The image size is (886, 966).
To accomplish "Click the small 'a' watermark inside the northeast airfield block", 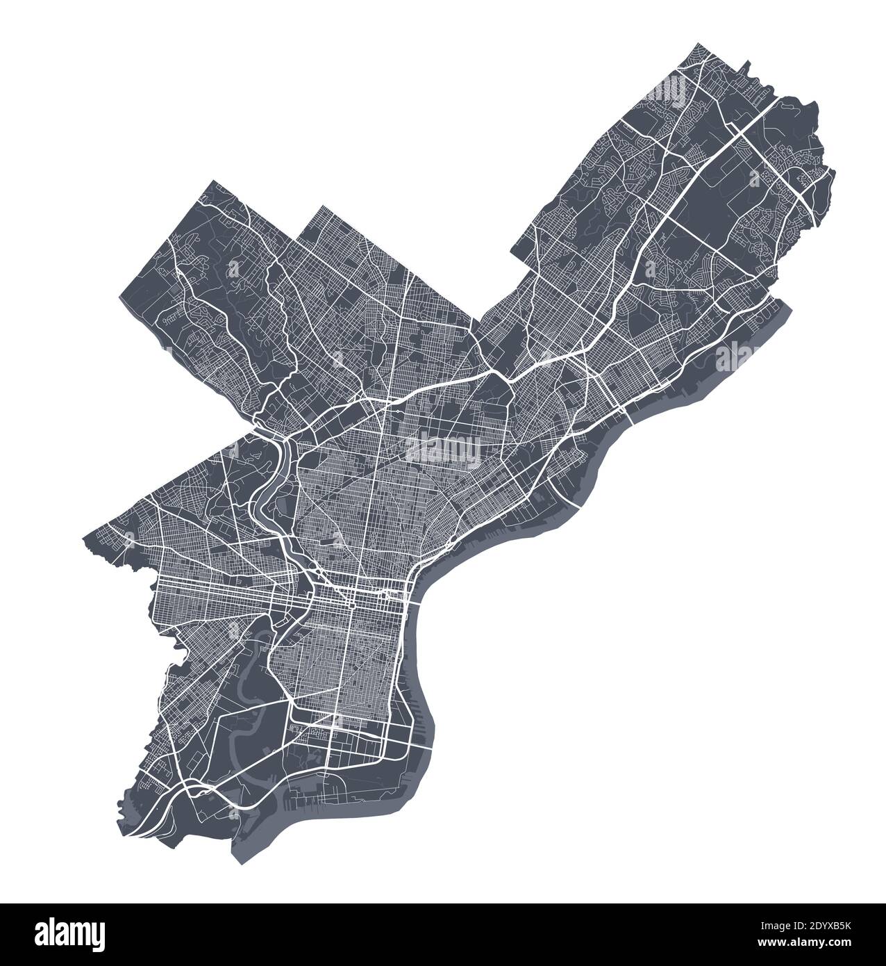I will tap(753, 179).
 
